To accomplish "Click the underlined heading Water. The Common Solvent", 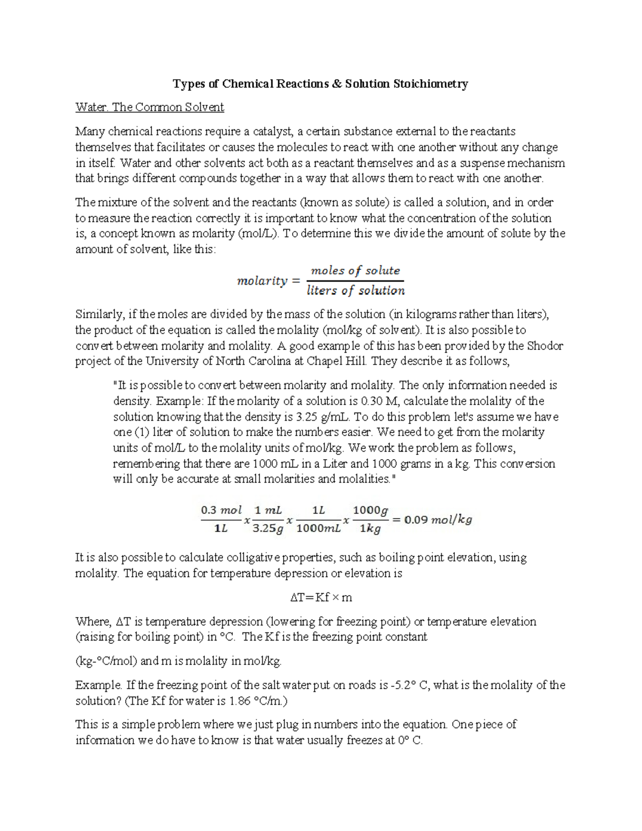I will click(x=149, y=107).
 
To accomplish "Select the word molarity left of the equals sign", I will click(x=262, y=281).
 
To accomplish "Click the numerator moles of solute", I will click(x=355, y=271).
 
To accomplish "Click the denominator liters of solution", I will click(x=355, y=291).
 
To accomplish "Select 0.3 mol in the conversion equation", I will click(x=221, y=510).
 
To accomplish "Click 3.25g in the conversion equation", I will click(x=267, y=529).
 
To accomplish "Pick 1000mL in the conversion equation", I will click(x=318, y=529).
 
